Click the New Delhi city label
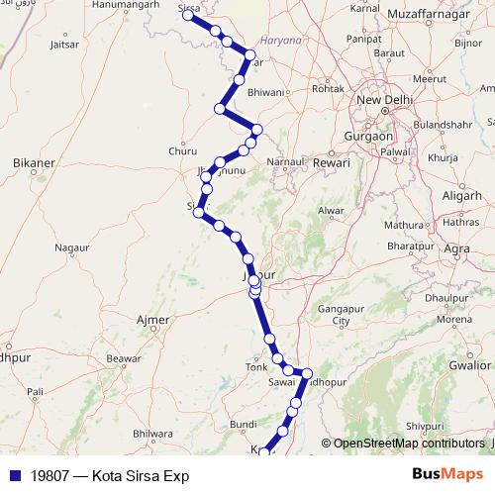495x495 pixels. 382,100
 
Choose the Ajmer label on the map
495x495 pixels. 152,320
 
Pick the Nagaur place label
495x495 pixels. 71,247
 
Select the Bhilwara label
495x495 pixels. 152,433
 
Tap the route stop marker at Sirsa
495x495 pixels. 188,15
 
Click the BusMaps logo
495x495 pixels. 448,474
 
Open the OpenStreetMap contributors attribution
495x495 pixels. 409,444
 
